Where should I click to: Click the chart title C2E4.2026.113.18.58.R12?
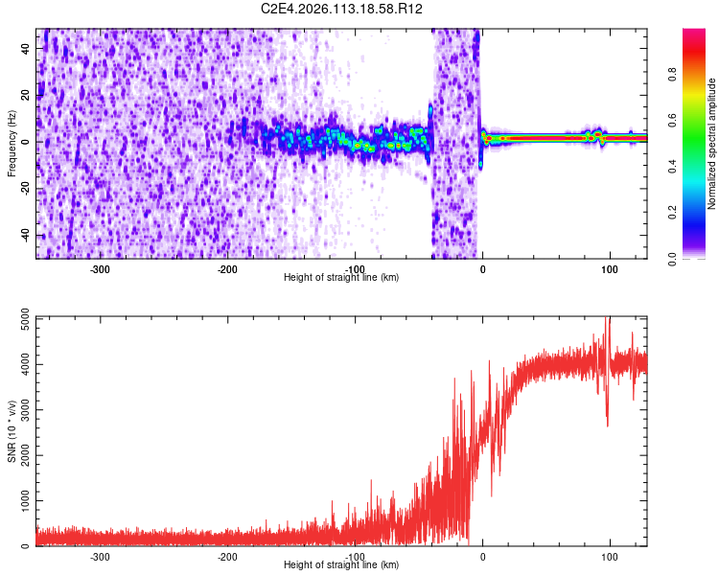[342, 9]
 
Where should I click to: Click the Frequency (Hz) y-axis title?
[12, 144]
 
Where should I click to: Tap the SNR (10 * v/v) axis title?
[12, 432]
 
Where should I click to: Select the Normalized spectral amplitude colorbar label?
[711, 144]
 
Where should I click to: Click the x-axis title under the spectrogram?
[341, 277]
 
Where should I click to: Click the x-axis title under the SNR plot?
[341, 564]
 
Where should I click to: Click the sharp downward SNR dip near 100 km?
[608, 424]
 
